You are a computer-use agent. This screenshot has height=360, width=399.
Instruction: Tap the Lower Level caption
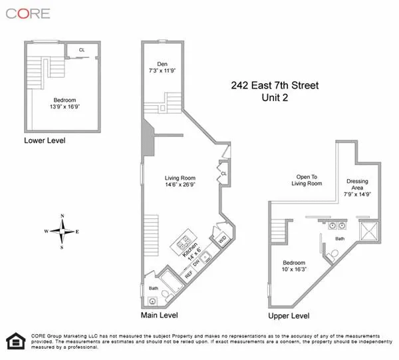pyautogui.click(x=45, y=141)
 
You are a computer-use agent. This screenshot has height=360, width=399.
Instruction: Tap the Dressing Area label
pyautogui.click(x=357, y=185)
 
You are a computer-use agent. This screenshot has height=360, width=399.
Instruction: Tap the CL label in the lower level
pyautogui.click(x=82, y=49)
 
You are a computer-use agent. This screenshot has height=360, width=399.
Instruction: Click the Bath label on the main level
pyautogui.click(x=154, y=288)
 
